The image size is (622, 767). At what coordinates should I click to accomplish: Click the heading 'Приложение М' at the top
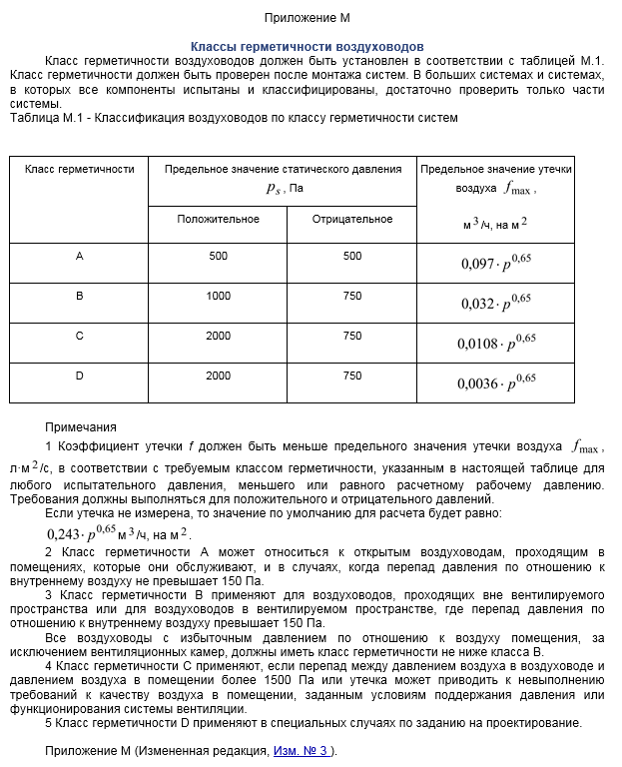tap(308, 18)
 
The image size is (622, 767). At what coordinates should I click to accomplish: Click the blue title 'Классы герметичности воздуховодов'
tap(308, 47)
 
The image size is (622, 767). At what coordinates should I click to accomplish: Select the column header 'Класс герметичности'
tap(79, 170)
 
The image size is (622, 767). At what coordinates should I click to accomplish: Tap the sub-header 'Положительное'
tap(218, 219)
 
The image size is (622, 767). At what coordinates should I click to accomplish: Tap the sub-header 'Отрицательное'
tap(351, 219)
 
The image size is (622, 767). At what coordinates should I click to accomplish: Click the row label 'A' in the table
tap(79, 257)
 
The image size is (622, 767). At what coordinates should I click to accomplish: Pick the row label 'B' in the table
tap(79, 297)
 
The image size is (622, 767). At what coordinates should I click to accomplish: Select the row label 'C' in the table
tap(79, 337)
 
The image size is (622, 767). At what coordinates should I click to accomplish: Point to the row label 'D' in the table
tap(79, 377)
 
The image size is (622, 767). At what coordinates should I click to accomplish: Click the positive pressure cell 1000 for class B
tap(218, 297)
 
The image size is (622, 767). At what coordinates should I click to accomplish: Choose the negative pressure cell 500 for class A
tap(351, 257)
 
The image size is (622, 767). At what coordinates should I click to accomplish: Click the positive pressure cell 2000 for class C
tap(218, 337)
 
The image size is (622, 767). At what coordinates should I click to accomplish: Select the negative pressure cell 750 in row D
tap(351, 377)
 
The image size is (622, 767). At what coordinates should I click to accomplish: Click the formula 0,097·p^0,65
tap(497, 263)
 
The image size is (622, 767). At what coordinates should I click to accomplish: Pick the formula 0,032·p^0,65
tap(497, 303)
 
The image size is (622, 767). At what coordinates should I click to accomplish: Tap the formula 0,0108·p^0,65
tap(497, 343)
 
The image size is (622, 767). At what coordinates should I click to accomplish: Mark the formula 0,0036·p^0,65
tap(497, 383)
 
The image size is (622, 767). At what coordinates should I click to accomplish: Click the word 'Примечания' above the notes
tap(81, 426)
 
